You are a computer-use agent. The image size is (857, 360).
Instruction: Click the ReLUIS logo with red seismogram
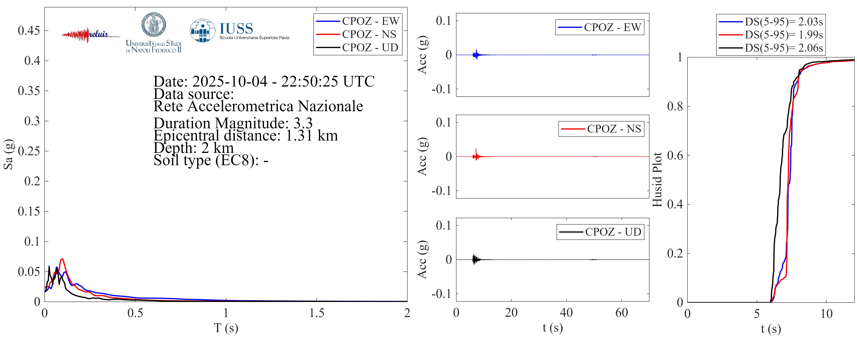[90, 35]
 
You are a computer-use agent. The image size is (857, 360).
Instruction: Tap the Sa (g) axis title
[8, 154]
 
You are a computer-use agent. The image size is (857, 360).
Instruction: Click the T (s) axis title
[226, 328]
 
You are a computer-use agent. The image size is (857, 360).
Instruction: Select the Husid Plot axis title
[657, 180]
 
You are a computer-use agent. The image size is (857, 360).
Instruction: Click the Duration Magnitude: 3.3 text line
[233, 123]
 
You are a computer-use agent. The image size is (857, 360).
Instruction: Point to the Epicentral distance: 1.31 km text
[246, 135]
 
